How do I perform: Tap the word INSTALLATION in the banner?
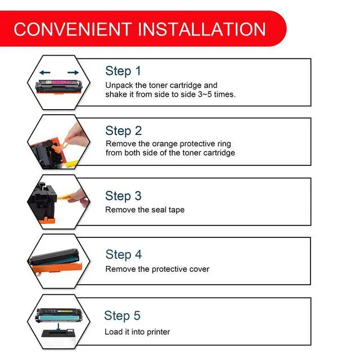(201, 29)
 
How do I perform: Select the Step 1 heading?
(123, 71)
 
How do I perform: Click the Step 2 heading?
(124, 130)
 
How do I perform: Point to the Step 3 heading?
(123, 196)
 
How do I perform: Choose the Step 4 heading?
(124, 255)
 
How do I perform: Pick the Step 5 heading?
(122, 316)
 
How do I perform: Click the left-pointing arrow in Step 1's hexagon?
(45, 73)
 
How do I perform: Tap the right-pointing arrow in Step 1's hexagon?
(73, 73)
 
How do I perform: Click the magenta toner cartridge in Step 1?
(59, 87)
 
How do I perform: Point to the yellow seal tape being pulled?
(65, 197)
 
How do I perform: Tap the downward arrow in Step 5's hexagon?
(58, 327)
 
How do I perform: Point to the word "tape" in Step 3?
(177, 210)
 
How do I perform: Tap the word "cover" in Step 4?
(200, 269)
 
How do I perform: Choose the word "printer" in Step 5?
(158, 332)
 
